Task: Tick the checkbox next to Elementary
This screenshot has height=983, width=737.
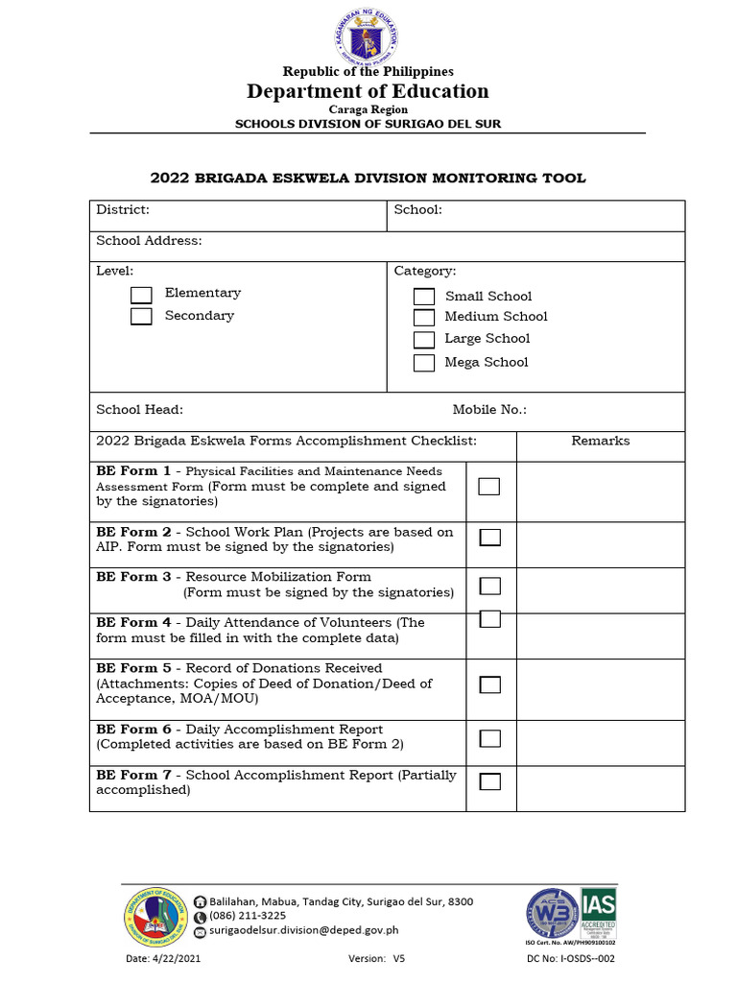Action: [x=141, y=295]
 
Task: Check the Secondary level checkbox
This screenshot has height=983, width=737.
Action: [x=141, y=317]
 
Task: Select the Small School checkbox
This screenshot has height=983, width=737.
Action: [x=424, y=298]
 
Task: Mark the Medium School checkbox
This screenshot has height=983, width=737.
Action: [x=424, y=318]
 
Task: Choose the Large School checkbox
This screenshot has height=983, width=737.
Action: [x=424, y=340]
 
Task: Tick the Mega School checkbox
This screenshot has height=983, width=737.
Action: [x=424, y=363]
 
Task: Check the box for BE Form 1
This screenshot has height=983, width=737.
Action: [x=489, y=487]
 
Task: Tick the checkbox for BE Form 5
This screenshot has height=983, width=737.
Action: [x=489, y=684]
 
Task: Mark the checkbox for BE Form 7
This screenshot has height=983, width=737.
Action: [x=489, y=780]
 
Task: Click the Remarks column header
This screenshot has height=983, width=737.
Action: [x=601, y=441]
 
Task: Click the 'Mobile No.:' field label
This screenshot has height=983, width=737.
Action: [x=489, y=410]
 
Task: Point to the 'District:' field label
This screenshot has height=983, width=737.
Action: [x=123, y=209]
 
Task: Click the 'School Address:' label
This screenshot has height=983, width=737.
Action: [x=149, y=241]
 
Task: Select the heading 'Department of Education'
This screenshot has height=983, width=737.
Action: [x=368, y=91]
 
